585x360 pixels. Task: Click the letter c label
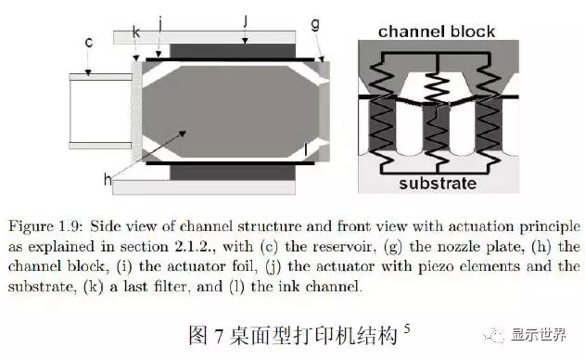tap(89, 42)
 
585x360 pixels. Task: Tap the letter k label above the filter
tap(136, 32)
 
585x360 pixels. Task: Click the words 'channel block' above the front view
tap(437, 32)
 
